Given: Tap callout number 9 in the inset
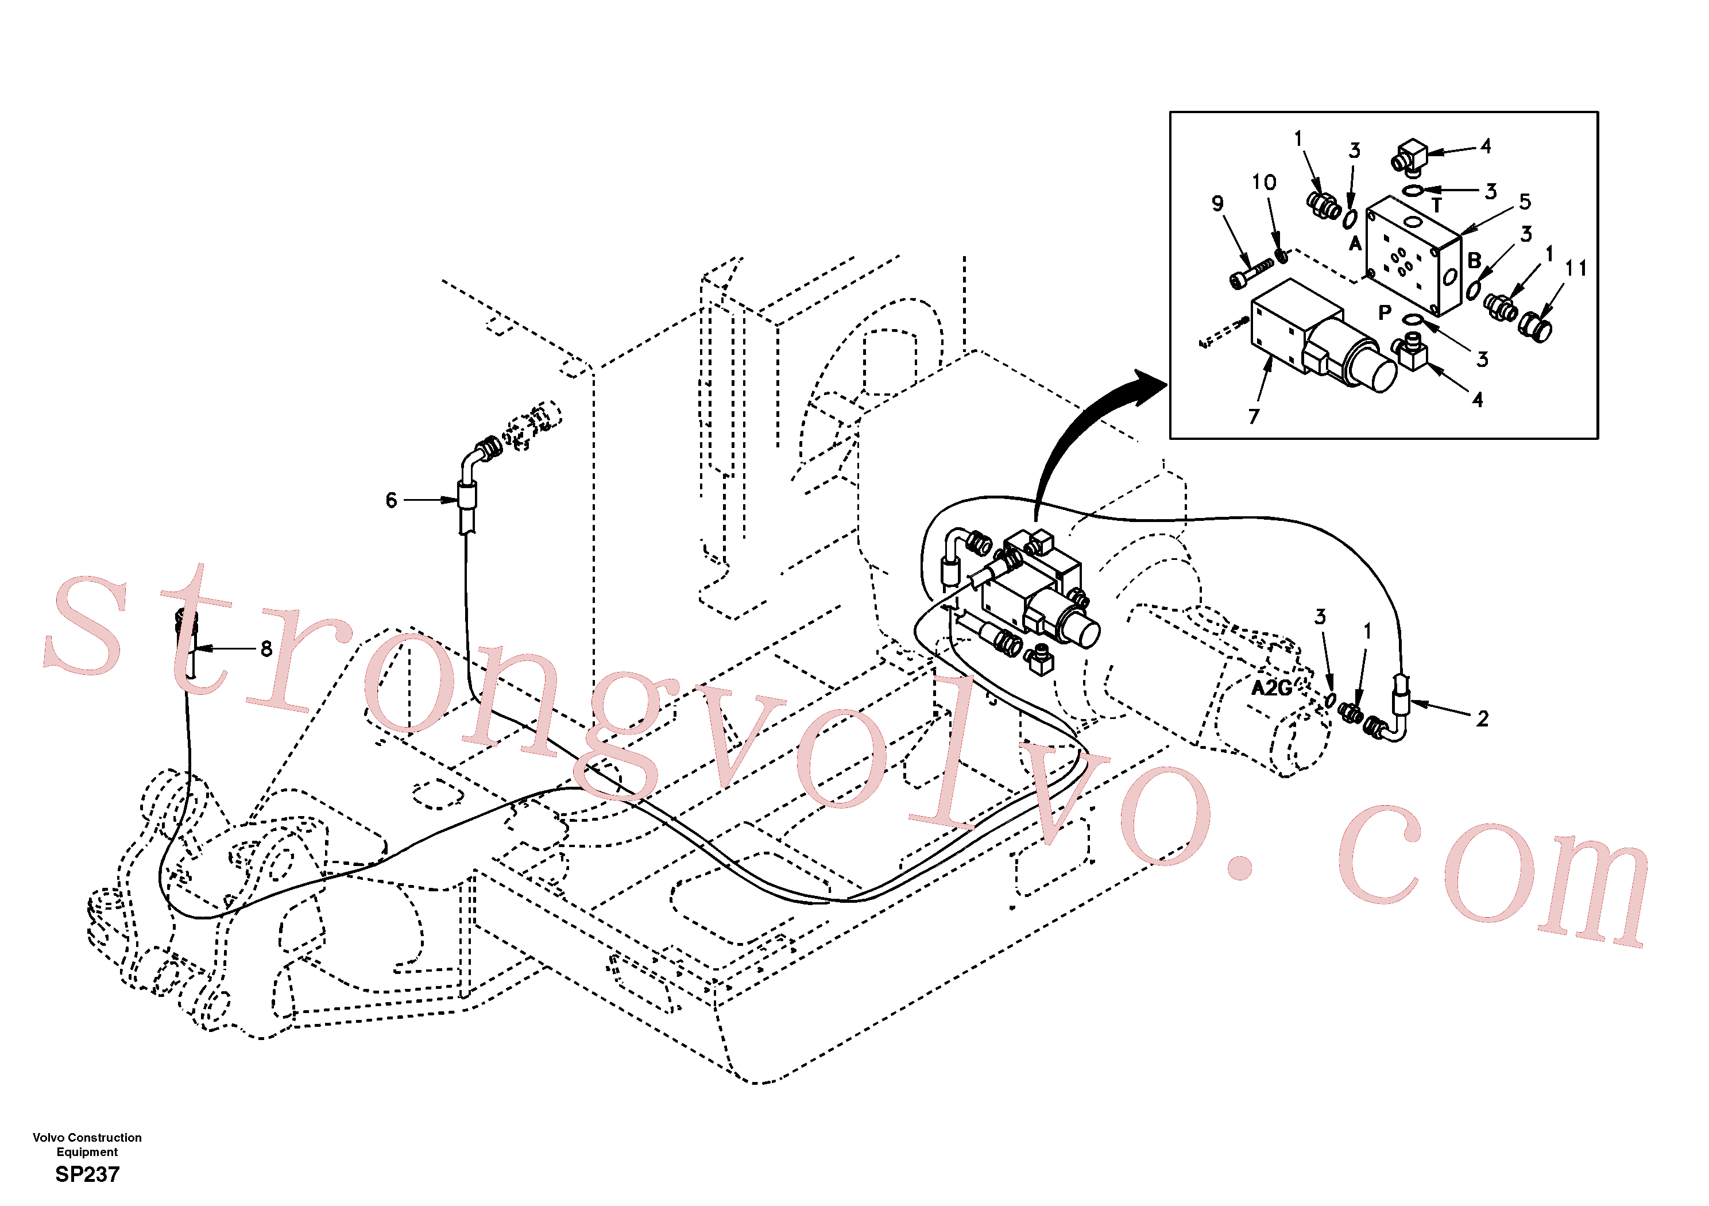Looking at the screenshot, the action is pyautogui.click(x=1218, y=203).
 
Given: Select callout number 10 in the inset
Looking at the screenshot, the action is pyautogui.click(x=1264, y=183).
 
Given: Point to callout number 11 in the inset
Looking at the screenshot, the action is pyautogui.click(x=1576, y=268).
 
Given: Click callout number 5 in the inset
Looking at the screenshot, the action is pyautogui.click(x=1525, y=202).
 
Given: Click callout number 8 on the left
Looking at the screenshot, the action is pyautogui.click(x=266, y=649).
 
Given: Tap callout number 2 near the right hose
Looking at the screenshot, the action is pyautogui.click(x=1483, y=719).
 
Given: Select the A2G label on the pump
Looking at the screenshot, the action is pyautogui.click(x=1271, y=689).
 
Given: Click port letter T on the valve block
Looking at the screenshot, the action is pyautogui.click(x=1437, y=206).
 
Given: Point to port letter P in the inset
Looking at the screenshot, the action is pyautogui.click(x=1385, y=312).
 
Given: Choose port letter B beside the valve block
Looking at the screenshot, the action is pyautogui.click(x=1474, y=261).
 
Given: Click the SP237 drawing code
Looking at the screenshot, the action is pyautogui.click(x=87, y=1175).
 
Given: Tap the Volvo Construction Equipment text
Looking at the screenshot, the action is pyautogui.click(x=87, y=1145).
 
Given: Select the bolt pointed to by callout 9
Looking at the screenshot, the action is pyautogui.click(x=1251, y=273).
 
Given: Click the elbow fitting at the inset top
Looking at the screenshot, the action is pyautogui.click(x=1409, y=156).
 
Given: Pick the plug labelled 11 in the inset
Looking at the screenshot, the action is pyautogui.click(x=1535, y=327).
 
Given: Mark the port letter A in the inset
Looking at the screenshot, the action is pyautogui.click(x=1355, y=244).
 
